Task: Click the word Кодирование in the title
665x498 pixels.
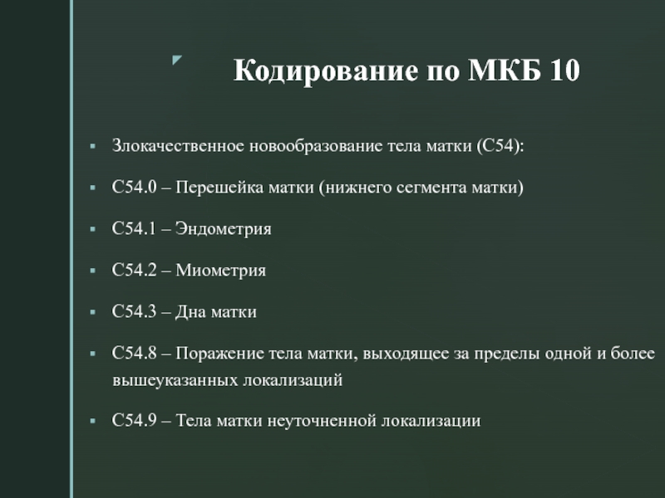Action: click(325, 71)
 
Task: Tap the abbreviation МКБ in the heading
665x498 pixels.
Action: click(505, 70)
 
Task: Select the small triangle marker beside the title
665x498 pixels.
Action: click(177, 60)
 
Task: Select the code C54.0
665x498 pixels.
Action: click(135, 187)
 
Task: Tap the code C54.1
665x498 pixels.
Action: click(135, 228)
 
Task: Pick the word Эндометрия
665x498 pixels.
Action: click(223, 229)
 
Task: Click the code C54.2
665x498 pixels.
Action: click(135, 270)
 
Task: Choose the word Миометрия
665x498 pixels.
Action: click(220, 271)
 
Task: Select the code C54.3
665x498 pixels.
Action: click(135, 311)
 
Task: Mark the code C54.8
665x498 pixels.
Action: click(135, 353)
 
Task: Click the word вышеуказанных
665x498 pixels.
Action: click(175, 380)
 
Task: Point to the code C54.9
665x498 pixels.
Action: click(135, 420)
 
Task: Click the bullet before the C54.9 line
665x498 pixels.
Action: click(93, 421)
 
